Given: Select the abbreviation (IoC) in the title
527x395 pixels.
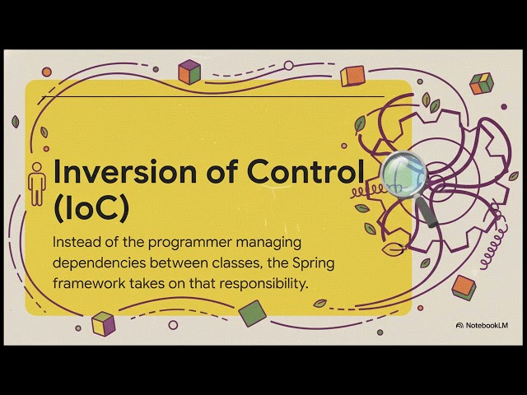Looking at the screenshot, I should pyautogui.click(x=90, y=208).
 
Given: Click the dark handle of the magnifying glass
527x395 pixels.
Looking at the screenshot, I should pyautogui.click(x=428, y=211).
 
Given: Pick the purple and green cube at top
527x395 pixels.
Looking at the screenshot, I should pyautogui.click(x=190, y=72).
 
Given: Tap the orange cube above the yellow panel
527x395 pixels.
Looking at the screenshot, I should pyautogui.click(x=352, y=76).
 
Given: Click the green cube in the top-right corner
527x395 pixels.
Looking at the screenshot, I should pyautogui.click(x=481, y=82).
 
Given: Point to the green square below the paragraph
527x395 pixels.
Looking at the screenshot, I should pyautogui.click(x=252, y=313).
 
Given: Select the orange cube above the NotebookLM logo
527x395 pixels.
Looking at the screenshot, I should pyautogui.click(x=464, y=286).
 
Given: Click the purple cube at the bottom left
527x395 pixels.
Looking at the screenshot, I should pyautogui.click(x=103, y=323).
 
